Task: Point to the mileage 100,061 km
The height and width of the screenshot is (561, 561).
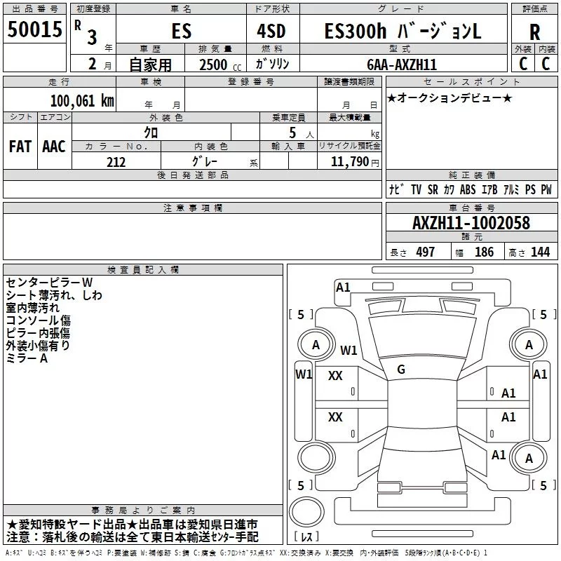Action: click(82, 101)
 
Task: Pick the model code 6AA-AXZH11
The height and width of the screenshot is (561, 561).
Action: click(401, 64)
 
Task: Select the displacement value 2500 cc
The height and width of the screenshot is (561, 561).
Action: click(213, 64)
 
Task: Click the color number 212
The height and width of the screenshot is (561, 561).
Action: click(116, 162)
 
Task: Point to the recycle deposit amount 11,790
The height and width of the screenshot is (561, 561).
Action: click(351, 162)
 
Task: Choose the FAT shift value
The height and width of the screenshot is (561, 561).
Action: click(20, 146)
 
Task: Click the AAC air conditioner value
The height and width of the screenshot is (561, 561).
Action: click(54, 146)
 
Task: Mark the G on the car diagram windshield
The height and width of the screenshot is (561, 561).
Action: click(401, 369)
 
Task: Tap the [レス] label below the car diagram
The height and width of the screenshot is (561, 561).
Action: click(306, 537)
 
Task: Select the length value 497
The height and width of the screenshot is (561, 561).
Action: click(425, 252)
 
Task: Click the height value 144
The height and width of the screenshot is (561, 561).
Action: click(540, 252)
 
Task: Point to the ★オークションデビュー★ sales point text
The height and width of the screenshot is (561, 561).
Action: click(450, 97)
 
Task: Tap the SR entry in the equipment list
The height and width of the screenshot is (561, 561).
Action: click(433, 190)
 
